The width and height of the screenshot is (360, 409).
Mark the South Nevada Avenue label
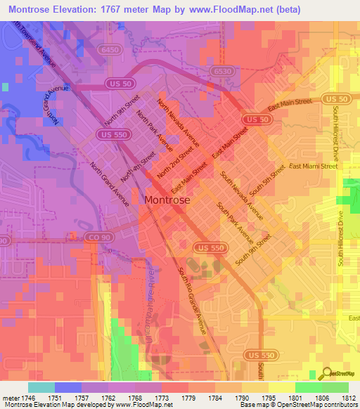[x=241, y=195]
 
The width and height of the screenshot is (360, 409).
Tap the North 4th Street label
[x=139, y=164]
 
